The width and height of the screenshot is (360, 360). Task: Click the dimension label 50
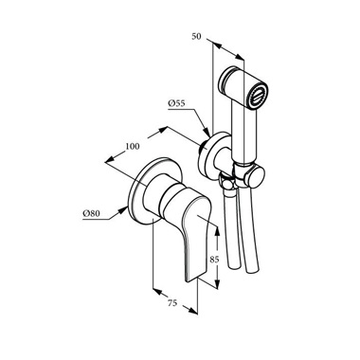coord(196,37)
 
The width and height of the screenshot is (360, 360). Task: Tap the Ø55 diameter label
coord(176,103)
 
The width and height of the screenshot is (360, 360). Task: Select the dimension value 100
coord(133,147)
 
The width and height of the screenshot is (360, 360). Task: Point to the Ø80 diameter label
coord(91,214)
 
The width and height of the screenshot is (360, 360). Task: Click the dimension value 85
coord(214,260)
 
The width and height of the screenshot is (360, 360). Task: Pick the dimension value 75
coord(172,303)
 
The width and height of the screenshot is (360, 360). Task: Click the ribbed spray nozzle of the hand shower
coord(259,95)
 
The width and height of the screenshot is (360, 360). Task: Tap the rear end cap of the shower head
coord(226,80)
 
